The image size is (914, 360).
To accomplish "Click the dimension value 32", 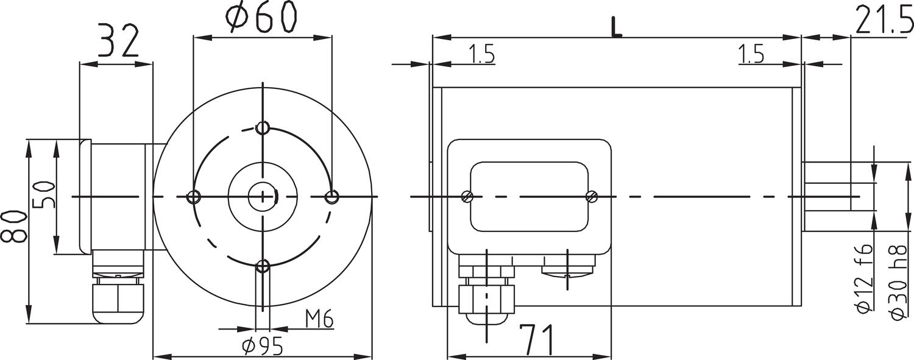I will point(118,42).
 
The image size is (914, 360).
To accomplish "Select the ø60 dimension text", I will point(263,16).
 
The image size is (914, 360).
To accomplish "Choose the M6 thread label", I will point(319,319).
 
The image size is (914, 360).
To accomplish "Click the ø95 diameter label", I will point(263,346).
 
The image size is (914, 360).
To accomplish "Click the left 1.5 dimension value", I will point(481,55).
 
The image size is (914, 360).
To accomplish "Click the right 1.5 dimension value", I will point(751,55).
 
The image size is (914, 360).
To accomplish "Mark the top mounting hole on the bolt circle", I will point(263,128).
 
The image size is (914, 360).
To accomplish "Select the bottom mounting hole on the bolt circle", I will point(263,266).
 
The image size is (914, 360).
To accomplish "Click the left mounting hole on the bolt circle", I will point(194,197).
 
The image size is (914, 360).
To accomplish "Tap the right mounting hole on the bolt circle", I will point(332,197).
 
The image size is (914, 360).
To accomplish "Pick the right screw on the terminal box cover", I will point(590,196).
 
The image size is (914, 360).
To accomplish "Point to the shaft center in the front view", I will point(263,196).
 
